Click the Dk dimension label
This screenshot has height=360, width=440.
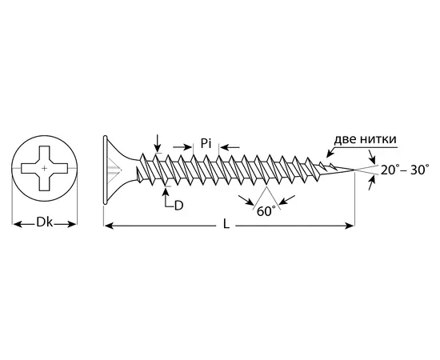click(44, 222)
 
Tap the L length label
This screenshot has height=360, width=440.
click(226, 224)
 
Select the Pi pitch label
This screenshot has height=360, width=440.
click(206, 143)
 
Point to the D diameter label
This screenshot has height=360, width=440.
click(178, 206)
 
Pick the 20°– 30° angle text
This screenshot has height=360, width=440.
click(405, 170)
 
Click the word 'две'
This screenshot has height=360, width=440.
click(346, 139)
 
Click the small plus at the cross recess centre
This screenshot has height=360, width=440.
click(44, 168)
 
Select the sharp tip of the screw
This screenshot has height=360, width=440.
click(354, 170)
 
